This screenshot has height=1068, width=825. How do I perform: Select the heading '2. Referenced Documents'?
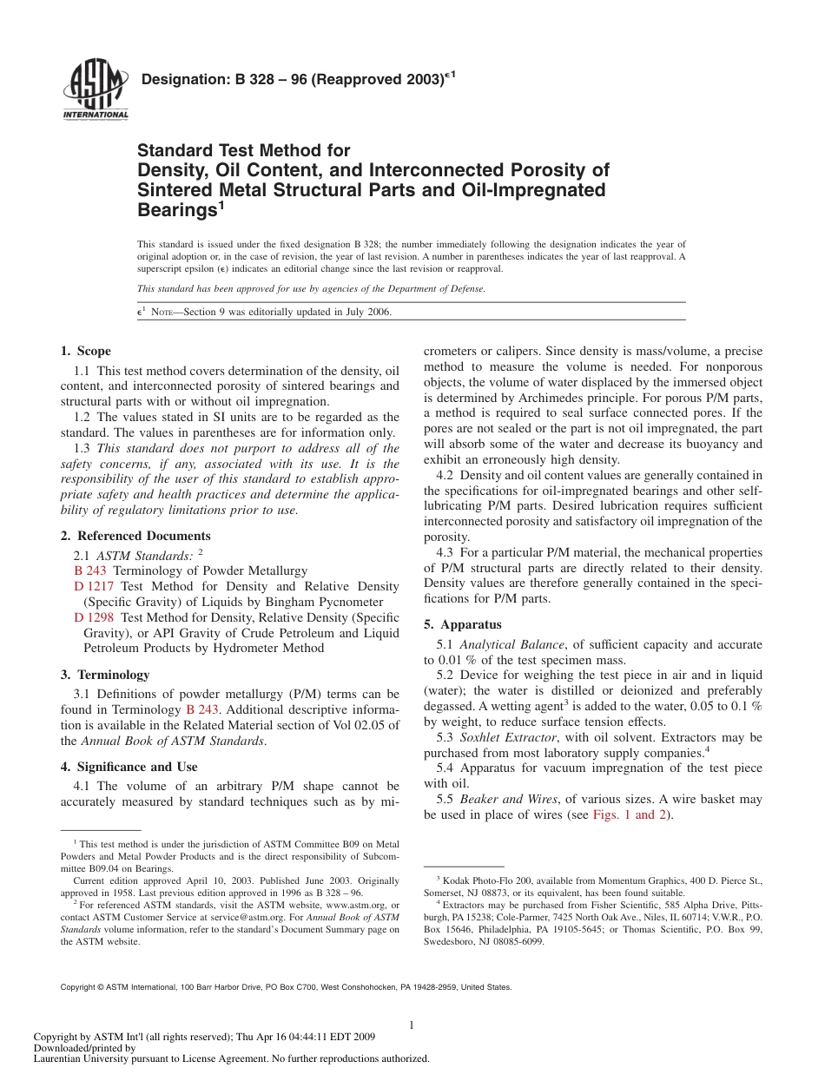(135, 537)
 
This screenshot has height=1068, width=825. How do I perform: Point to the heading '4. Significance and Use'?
(129, 767)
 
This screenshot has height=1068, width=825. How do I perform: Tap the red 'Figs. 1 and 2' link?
(629, 815)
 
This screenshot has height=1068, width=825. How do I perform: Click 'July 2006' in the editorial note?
(368, 313)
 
